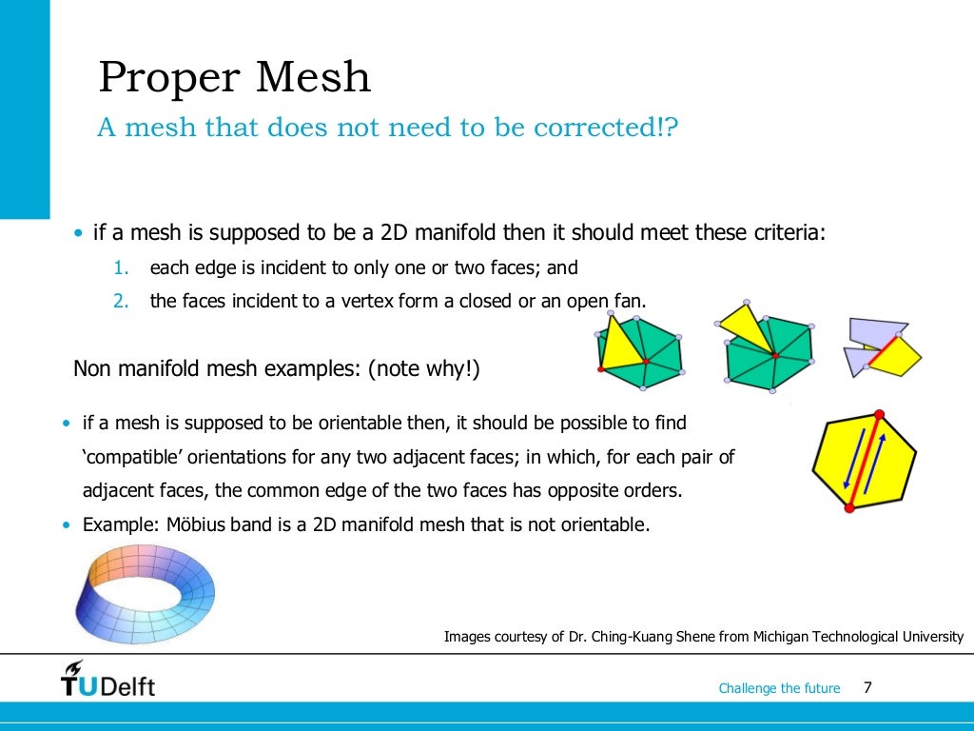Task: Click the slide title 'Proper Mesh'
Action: click(x=234, y=77)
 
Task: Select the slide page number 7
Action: click(x=867, y=687)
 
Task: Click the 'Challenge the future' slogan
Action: click(x=779, y=688)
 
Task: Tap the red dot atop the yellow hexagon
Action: click(x=879, y=414)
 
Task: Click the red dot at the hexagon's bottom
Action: click(x=849, y=509)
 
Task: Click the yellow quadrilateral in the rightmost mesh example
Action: click(x=898, y=356)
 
